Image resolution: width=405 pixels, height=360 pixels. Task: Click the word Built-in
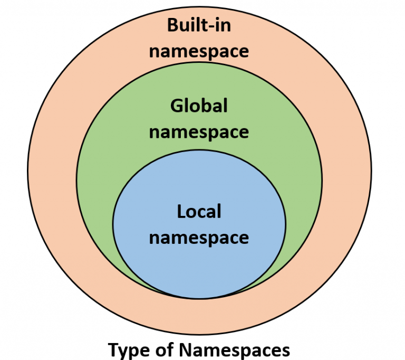pos(199,25)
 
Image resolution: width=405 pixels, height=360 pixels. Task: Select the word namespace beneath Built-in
pos(199,52)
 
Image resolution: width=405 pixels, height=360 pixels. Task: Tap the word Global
pos(199,106)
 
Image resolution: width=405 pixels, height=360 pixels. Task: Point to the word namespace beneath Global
pos(199,132)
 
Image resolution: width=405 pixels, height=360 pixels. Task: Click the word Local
pos(199,212)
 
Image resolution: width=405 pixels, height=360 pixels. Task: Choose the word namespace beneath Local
pos(199,238)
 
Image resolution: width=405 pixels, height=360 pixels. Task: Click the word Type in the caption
pos(127,349)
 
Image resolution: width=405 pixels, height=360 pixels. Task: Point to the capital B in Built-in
pos(173,25)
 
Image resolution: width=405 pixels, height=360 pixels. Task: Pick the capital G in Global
pos(176,106)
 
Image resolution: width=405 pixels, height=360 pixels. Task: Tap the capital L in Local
pos(181,212)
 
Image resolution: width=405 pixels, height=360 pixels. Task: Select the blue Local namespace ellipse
pos(199,264)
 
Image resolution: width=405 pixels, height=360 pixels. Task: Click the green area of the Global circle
pos(105,174)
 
